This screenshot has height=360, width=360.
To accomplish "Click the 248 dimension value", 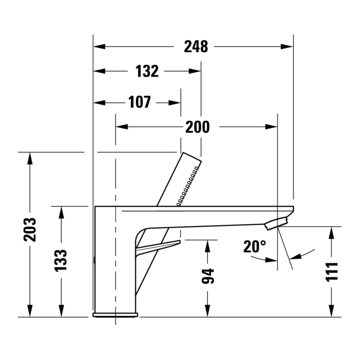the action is [196, 46].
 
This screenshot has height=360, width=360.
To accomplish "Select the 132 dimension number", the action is [147, 71].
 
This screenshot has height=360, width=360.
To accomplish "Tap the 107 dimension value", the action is [140, 102].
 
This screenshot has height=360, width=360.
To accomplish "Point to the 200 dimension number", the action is [197, 127].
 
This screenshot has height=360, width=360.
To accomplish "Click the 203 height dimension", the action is [30, 230].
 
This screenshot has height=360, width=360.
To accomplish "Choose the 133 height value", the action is [61, 260].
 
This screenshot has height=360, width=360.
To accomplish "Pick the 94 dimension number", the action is [208, 276].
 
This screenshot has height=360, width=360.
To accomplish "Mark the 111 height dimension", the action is [332, 271].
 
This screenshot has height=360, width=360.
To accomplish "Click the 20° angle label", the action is [255, 246].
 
